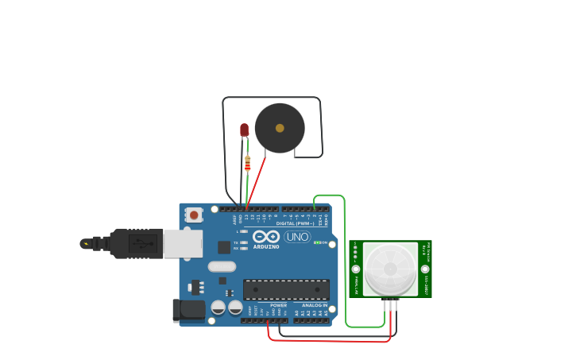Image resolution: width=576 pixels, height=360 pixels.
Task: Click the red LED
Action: click(244, 129)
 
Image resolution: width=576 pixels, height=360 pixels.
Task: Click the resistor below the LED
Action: click(247, 163)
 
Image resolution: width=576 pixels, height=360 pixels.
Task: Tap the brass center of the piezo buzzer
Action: click(280, 128)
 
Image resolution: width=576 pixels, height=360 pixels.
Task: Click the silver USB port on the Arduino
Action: click(183, 243)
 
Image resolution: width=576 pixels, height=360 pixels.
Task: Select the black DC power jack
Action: click(188, 310)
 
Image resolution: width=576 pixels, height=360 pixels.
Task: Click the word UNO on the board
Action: click(297, 237)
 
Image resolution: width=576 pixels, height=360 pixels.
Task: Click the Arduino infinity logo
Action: click(265, 236)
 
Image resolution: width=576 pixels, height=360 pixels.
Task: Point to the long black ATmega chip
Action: click(286, 289)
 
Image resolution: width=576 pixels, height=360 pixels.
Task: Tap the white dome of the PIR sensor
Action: click(390, 269)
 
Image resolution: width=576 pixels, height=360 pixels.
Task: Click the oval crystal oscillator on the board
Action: click(222, 266)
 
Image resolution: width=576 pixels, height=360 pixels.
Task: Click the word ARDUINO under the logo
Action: click(266, 247)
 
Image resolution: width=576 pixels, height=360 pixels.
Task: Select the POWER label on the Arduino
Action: click(278, 305)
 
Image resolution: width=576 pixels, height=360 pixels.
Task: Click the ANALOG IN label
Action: click(315, 305)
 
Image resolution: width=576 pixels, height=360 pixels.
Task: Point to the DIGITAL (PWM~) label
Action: click(294, 223)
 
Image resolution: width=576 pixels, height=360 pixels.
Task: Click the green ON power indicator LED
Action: click(317, 242)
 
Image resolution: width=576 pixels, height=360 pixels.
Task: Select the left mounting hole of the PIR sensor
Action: click(355, 269)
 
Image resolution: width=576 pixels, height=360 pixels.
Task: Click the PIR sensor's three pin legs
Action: click(390, 304)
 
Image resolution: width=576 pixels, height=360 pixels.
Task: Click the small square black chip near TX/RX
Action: click(224, 247)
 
